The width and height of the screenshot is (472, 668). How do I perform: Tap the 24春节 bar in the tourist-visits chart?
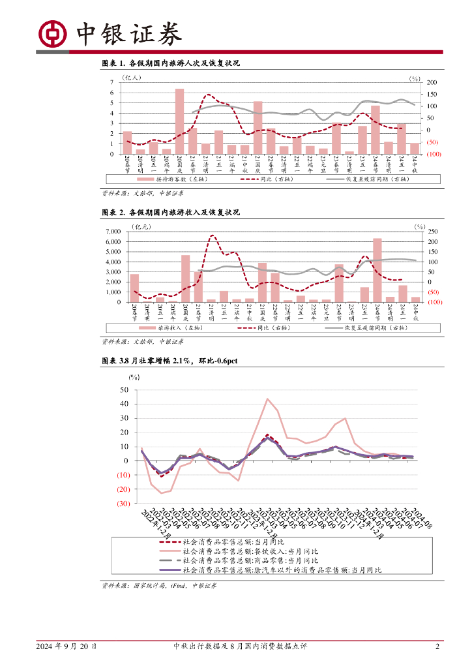point(376,129)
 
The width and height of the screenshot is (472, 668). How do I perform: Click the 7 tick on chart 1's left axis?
point(112,82)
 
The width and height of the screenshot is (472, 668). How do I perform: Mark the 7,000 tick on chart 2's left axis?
point(112,232)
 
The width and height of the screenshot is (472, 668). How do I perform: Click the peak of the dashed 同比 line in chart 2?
point(213,235)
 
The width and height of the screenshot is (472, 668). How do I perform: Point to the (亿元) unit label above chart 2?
point(141,226)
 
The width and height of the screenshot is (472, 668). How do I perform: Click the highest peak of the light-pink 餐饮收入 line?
point(267,399)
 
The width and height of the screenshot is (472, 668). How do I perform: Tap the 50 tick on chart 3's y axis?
point(124,389)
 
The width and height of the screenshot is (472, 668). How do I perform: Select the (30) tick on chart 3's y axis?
point(123,504)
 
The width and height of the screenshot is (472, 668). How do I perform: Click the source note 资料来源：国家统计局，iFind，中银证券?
point(160,585)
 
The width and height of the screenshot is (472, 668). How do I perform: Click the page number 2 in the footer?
point(437,646)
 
